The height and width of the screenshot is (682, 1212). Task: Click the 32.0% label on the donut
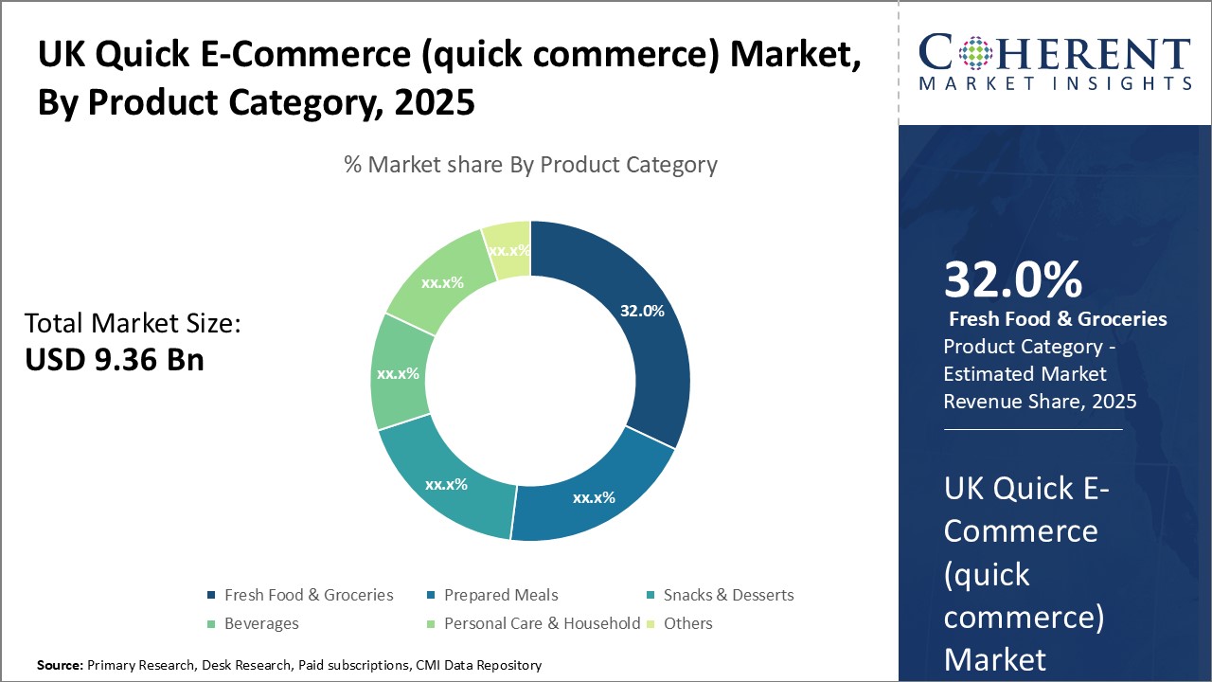click(642, 311)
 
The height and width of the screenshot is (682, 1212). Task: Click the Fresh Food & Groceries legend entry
click(308, 595)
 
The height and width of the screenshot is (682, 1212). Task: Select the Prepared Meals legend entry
click(501, 595)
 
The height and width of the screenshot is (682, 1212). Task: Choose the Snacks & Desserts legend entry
click(728, 595)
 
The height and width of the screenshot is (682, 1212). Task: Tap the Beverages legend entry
click(260, 623)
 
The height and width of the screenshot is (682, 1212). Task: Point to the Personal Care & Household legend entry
click(542, 623)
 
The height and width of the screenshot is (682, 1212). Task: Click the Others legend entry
click(688, 623)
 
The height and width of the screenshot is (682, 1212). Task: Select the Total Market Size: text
click(133, 324)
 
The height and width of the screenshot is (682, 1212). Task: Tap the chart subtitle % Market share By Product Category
click(530, 164)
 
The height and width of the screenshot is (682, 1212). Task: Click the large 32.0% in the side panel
click(1013, 280)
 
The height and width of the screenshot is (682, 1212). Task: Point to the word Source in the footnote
click(59, 665)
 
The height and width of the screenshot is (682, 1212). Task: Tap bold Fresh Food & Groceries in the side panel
click(1058, 319)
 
